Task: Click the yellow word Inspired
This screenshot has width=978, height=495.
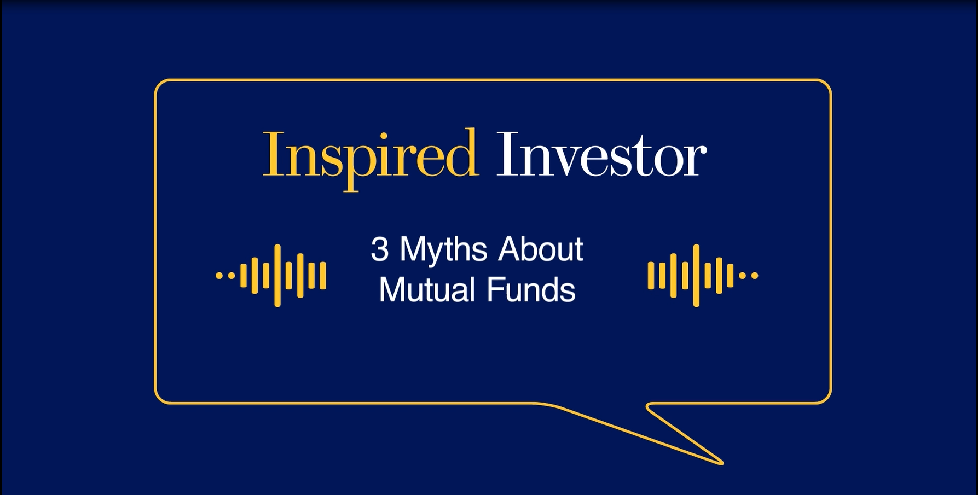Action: (371, 155)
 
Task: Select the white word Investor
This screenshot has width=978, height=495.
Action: (601, 155)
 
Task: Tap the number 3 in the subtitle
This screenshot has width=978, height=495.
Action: (380, 250)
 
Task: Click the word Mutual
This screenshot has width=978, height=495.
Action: (427, 290)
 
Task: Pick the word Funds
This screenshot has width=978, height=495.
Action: (531, 290)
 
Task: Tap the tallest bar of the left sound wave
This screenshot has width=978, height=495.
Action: (277, 275)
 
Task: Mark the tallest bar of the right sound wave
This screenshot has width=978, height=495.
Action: (696, 275)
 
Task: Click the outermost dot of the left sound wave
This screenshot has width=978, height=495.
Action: (219, 276)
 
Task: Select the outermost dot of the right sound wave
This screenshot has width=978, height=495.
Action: (755, 276)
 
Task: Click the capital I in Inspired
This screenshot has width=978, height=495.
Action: (272, 154)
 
